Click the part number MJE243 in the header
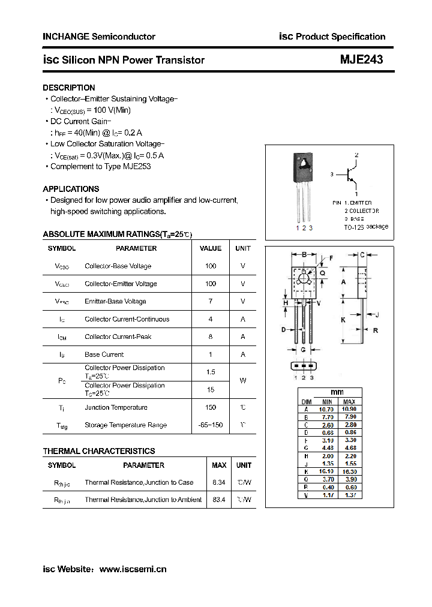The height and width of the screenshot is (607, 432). click(x=361, y=60)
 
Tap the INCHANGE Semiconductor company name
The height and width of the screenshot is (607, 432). click(x=99, y=37)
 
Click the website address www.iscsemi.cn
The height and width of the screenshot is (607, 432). click(x=133, y=569)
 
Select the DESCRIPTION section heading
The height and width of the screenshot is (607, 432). click(x=69, y=88)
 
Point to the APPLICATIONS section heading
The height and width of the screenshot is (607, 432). click(x=71, y=189)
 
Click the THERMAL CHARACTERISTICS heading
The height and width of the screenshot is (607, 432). click(x=99, y=451)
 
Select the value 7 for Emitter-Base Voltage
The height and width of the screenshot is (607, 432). click(x=211, y=301)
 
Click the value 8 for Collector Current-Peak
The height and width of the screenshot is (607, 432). click(x=211, y=336)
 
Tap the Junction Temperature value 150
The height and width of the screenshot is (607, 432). click(x=211, y=407)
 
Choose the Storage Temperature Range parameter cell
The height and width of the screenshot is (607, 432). click(x=125, y=425)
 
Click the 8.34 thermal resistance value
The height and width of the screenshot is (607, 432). click(x=219, y=482)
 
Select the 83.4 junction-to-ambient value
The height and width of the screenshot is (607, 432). click(x=219, y=500)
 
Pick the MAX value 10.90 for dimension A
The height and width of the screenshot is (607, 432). click(x=349, y=409)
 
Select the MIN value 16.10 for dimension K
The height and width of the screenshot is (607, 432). click(x=327, y=471)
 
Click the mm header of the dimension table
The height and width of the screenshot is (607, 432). click(x=338, y=392)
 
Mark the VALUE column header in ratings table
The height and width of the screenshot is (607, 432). click(x=211, y=248)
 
